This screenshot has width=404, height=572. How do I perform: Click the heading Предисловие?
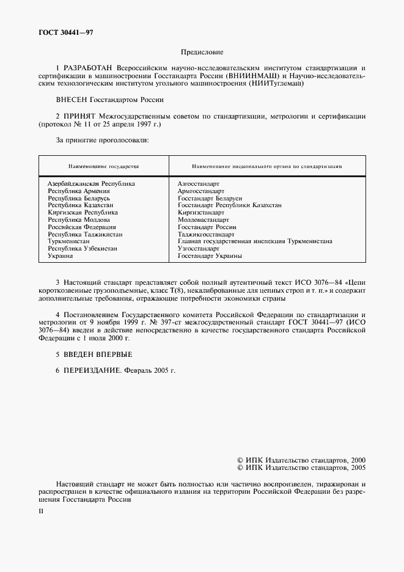pos(202,53)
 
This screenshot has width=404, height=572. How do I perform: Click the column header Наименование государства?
pos(103,166)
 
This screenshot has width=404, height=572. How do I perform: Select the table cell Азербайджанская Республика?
pos(91,183)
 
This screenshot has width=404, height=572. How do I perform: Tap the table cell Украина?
pos(61,256)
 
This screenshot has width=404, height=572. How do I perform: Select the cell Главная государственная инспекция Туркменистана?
pos(254,241)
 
